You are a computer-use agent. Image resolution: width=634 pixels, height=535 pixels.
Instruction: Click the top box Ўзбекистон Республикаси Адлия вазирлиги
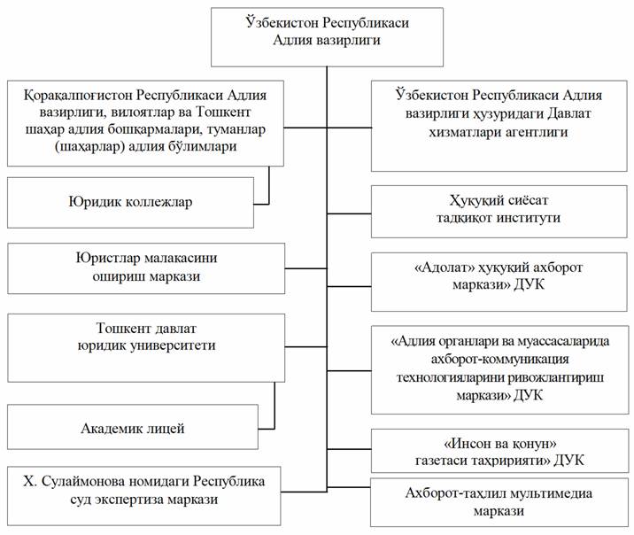point(327,37)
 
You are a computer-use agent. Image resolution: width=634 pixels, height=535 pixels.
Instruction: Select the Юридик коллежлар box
point(130,202)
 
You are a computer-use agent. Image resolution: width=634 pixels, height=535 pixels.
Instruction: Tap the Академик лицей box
point(133,427)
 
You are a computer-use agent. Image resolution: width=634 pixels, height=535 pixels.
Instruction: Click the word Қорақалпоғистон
point(78,96)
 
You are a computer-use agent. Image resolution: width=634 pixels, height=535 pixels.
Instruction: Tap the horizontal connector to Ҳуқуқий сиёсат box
point(350,213)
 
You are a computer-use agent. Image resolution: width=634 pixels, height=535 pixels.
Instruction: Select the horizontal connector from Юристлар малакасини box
point(306,268)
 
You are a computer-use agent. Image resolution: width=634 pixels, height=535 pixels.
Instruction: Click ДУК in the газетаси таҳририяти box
point(568,461)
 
